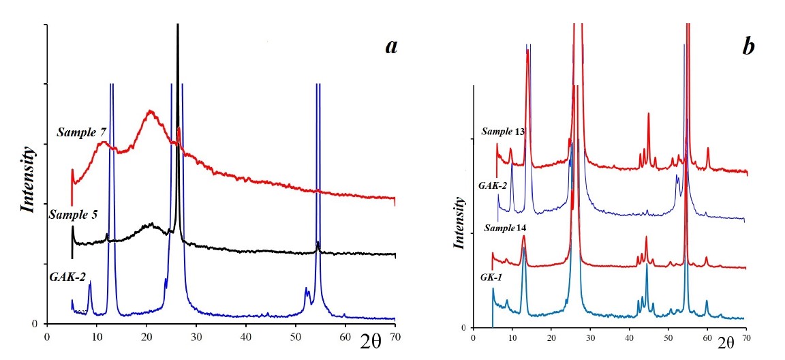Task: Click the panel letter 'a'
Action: pyautogui.click(x=390, y=46)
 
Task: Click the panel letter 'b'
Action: pyautogui.click(x=748, y=47)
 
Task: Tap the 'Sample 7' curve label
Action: pyautogui.click(x=86, y=132)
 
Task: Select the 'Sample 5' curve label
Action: pyautogui.click(x=73, y=215)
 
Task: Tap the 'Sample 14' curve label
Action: pyautogui.click(x=505, y=228)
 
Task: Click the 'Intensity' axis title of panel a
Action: pyautogui.click(x=29, y=179)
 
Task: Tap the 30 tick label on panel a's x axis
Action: pyautogui.click(x=196, y=337)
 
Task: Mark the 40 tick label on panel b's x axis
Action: pyautogui.click(x=629, y=337)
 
